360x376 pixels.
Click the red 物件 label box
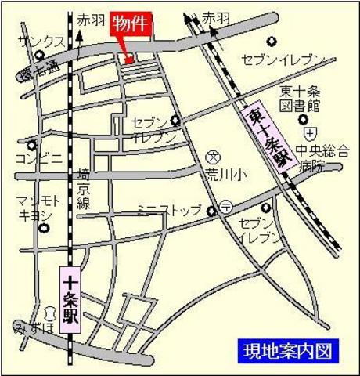click(131, 24)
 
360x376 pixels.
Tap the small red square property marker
click(129, 56)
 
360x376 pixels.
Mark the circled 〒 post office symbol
click(225, 208)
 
